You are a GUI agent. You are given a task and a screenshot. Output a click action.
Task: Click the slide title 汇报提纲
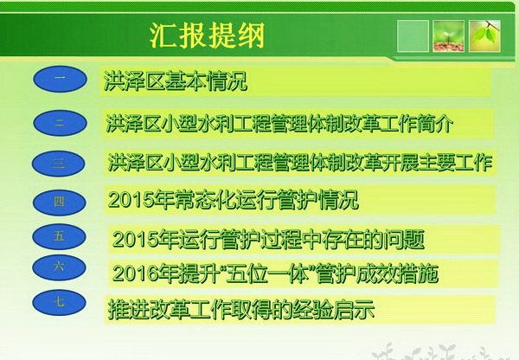pyautogui.click(x=208, y=35)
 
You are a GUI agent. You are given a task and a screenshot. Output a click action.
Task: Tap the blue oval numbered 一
pyautogui.click(x=60, y=79)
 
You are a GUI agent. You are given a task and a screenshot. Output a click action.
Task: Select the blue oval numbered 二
pyautogui.click(x=60, y=123)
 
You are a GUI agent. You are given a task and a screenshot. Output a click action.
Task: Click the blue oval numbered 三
pyautogui.click(x=59, y=164)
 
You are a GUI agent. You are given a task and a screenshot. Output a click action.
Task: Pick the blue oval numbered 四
pyautogui.click(x=59, y=202)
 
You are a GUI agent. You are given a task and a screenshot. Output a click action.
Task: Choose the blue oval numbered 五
pyautogui.click(x=59, y=236)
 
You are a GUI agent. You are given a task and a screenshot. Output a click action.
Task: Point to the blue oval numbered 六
pyautogui.click(x=59, y=267)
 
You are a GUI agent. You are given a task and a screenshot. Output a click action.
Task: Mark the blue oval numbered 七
pyautogui.click(x=59, y=302)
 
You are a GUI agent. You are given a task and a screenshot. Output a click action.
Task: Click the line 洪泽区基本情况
pyautogui.click(x=176, y=80)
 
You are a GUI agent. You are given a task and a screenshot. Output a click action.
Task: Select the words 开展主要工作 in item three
pyautogui.click(x=437, y=163)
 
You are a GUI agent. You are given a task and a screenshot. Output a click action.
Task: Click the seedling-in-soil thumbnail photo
pyautogui.click(x=448, y=35)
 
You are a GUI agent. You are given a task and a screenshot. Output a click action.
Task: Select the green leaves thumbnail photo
pyautogui.click(x=484, y=35)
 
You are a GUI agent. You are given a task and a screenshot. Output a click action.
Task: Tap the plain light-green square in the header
pyautogui.click(x=413, y=35)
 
